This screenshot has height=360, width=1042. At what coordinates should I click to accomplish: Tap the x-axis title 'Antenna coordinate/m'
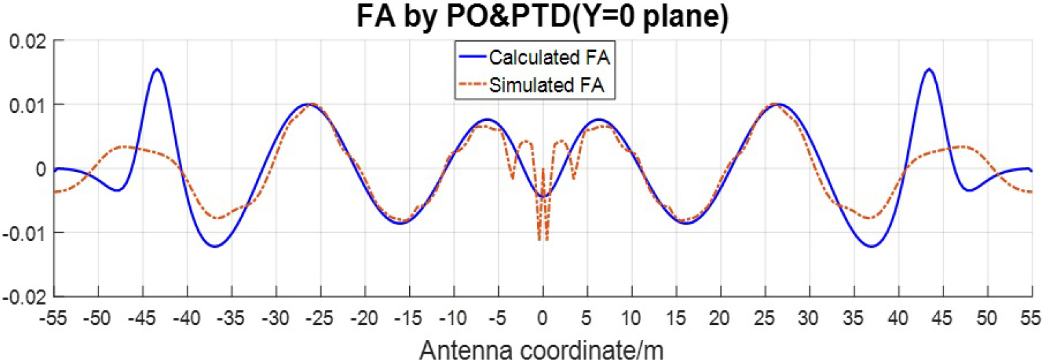[x=542, y=349]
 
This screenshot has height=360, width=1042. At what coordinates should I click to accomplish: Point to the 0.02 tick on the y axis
[x=28, y=41]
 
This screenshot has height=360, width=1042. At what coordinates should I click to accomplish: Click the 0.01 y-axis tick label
[x=28, y=105]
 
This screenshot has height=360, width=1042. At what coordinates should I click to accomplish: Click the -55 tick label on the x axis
[x=54, y=318]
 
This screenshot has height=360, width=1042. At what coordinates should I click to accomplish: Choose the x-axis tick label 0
[x=543, y=318]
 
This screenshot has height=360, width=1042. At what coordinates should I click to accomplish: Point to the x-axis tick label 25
[x=765, y=318]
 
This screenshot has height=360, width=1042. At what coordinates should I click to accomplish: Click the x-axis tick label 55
[x=1031, y=318]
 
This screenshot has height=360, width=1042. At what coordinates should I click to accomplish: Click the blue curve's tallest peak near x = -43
[x=157, y=69]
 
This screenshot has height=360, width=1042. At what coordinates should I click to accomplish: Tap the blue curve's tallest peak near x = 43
[x=928, y=69]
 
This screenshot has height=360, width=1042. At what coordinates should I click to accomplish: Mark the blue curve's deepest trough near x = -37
[x=215, y=246]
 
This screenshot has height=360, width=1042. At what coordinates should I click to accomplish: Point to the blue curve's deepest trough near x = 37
[x=870, y=246]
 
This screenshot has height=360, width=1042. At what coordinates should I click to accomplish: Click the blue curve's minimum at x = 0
[x=543, y=196]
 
